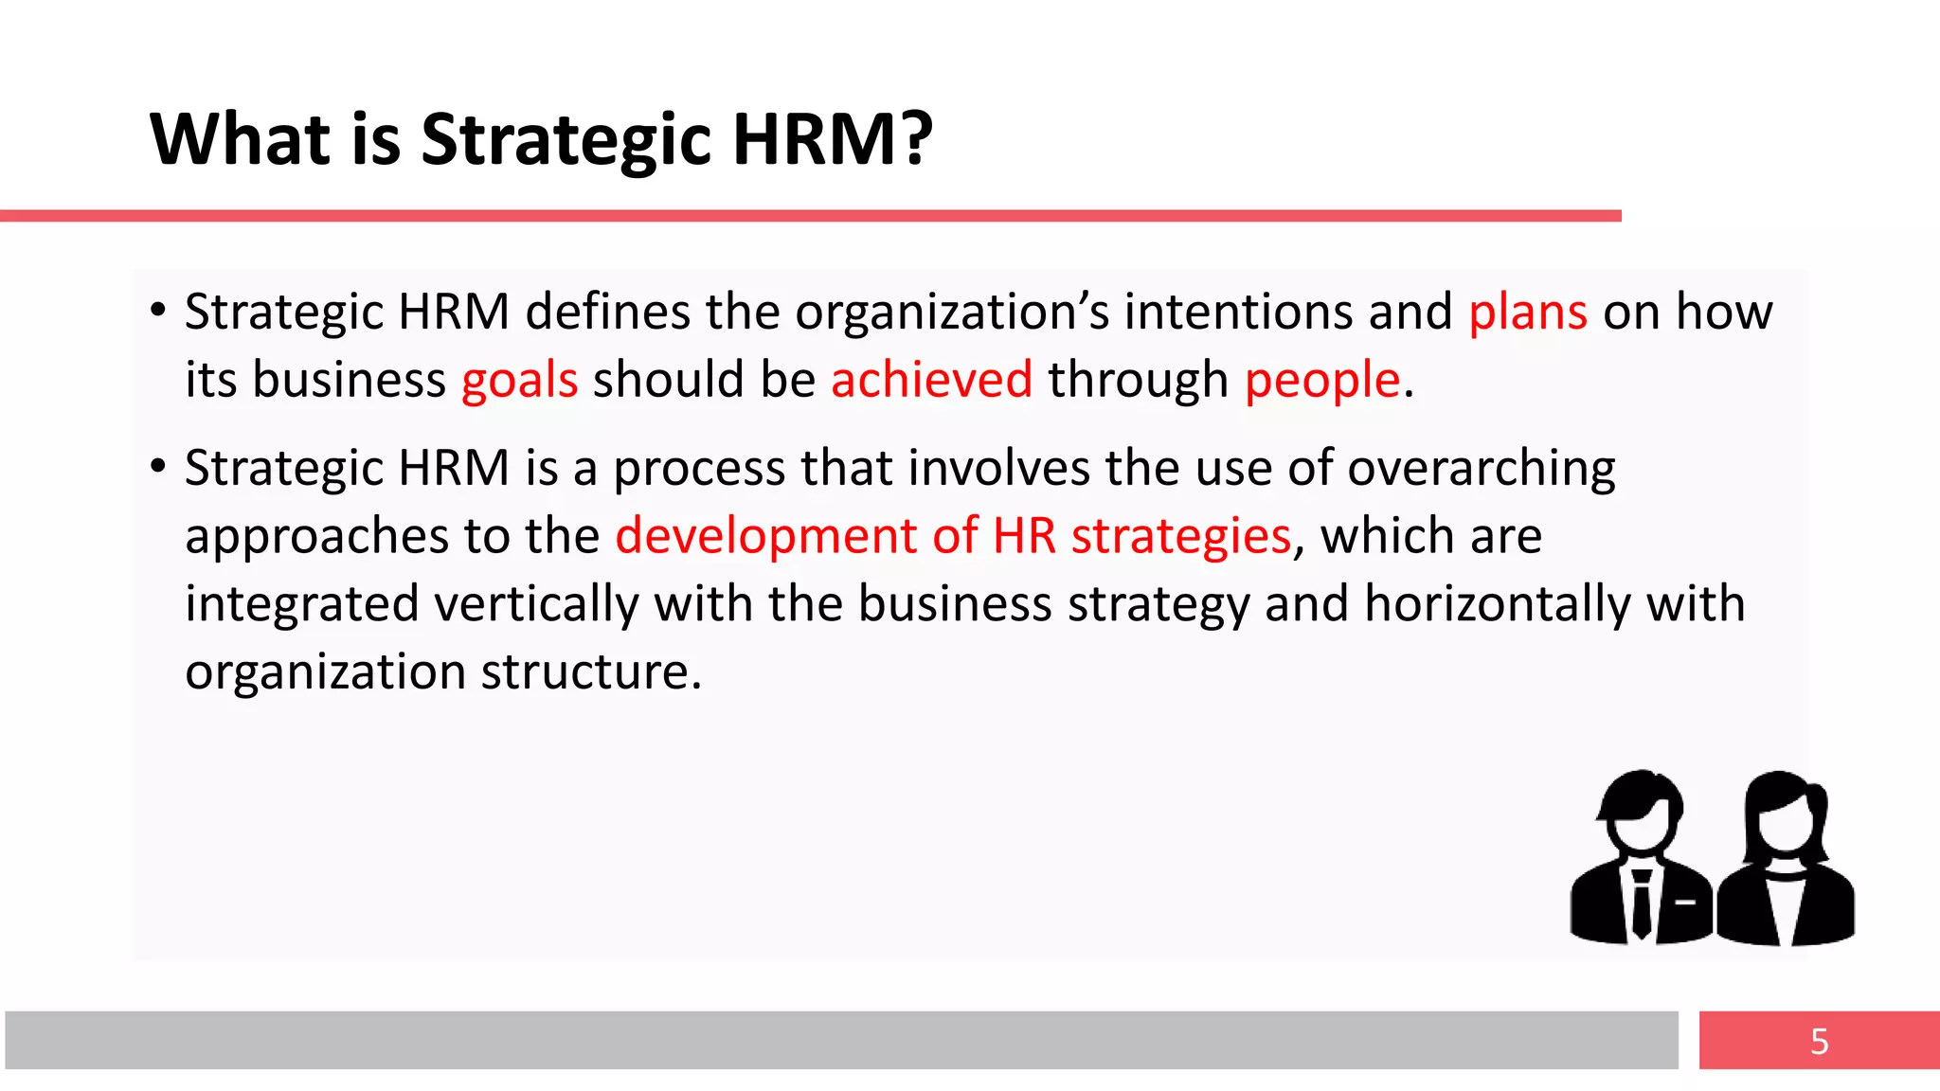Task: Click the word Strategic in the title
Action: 566,140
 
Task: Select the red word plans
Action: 1527,313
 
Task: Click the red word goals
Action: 519,381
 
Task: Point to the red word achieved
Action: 931,380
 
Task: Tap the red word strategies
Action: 1181,537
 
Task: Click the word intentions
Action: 1239,312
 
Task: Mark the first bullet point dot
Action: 158,311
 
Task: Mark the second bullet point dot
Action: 158,466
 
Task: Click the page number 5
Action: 1819,1041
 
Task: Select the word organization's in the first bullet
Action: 952,312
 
